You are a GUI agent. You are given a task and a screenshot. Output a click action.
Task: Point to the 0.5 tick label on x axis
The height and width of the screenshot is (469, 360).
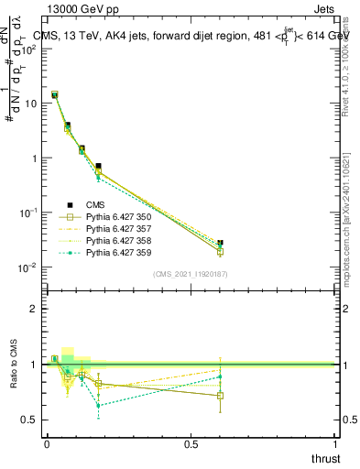(191, 444)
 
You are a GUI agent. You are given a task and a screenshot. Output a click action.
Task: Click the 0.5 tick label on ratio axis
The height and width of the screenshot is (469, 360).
(32, 420)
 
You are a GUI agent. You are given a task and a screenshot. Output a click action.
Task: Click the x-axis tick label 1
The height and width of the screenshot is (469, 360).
(337, 444)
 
